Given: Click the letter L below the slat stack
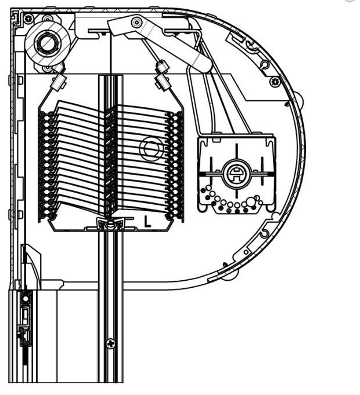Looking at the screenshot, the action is point(147,221).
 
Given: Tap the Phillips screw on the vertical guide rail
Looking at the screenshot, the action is point(110,343).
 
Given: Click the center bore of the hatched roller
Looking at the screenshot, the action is point(47,44).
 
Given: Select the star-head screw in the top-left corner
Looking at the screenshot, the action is point(28,18).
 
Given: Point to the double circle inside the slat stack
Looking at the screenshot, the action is point(152,148).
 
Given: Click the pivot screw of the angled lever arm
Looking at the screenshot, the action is point(136,23).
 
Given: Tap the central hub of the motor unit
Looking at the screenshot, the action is point(236,174).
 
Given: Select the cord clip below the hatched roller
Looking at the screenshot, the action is point(59,80).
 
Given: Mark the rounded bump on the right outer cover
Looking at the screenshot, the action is point(300,100).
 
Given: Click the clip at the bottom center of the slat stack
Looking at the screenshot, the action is point(110,224).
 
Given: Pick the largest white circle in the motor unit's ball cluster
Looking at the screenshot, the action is point(251,201).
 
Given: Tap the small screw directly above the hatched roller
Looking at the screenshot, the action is point(46,19).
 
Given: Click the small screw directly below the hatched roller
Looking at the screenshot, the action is point(46,68).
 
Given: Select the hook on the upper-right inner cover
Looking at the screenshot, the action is point(264,64).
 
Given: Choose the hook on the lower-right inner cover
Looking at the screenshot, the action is point(264,233).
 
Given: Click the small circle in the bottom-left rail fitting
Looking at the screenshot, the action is point(26,299).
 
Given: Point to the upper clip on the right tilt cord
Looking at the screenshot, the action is point(163,67).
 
